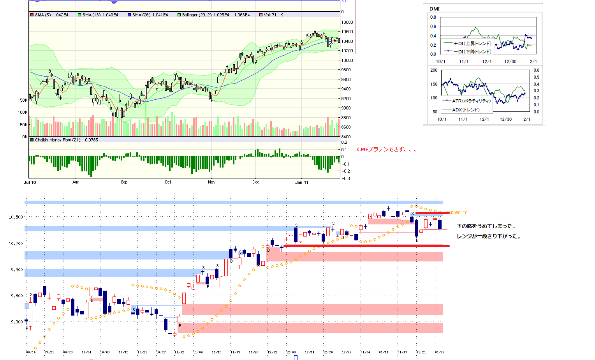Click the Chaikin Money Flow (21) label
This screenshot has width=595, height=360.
click(66, 140)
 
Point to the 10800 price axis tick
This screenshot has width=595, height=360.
click(347, 22)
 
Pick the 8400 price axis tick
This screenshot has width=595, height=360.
click(347, 137)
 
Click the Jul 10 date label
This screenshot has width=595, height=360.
click(30, 182)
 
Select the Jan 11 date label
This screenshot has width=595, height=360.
click(302, 182)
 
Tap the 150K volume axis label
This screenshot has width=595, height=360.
click(23, 100)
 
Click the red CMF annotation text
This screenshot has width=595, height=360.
click(387, 150)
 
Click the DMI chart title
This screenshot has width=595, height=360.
click(435, 9)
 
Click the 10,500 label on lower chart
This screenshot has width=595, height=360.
click(16, 217)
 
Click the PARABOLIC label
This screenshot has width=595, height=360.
click(458, 213)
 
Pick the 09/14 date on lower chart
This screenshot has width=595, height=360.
click(31, 352)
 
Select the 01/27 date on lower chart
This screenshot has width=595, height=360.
click(440, 352)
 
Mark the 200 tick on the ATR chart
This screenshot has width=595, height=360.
click(434, 70)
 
